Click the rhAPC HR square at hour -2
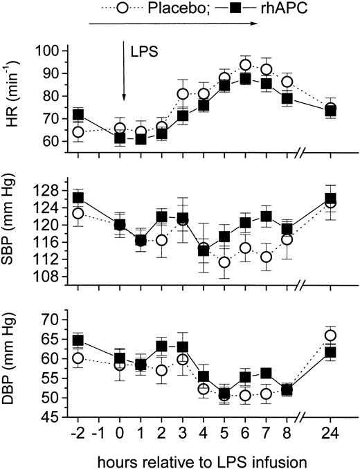(x=78, y=115)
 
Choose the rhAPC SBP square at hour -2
(x=78, y=198)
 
